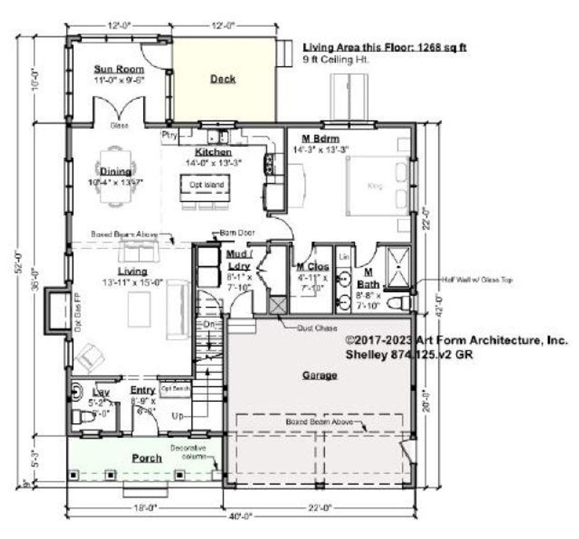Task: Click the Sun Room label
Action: [119, 69]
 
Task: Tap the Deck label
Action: [223, 79]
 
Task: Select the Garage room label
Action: [319, 375]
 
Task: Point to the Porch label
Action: [146, 458]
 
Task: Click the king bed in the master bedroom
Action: [376, 186]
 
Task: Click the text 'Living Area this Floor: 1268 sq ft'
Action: [384, 48]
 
